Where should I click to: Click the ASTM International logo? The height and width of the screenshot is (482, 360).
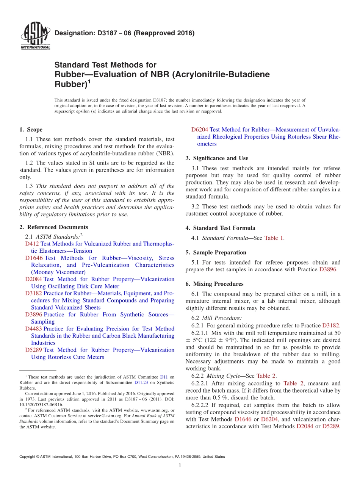tap(35, 37)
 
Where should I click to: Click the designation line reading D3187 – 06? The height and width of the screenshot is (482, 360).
tap(125, 33)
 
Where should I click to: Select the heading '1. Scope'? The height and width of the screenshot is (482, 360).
tap(31, 130)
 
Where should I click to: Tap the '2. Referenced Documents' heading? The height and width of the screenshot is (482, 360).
tap(54, 227)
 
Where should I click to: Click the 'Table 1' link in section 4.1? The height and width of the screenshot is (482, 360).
tap(274, 238)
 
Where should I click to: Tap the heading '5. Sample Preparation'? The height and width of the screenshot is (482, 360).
tap(216, 252)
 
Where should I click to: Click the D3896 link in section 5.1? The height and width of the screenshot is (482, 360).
tap(330, 269)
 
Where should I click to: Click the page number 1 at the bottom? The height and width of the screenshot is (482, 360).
tap(180, 466)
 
